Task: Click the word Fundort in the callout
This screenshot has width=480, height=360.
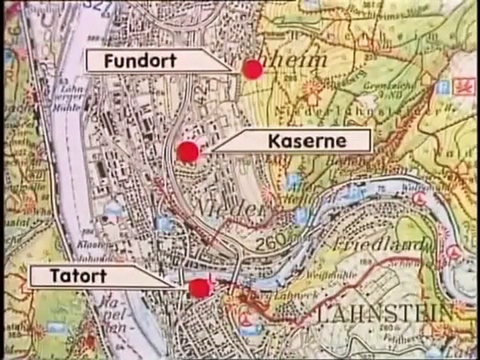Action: [140, 61]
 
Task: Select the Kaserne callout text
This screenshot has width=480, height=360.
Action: [307, 141]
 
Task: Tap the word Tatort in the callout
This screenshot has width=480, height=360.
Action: [78, 276]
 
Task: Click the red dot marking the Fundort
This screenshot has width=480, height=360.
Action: [252, 69]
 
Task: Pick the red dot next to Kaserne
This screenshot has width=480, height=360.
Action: [188, 152]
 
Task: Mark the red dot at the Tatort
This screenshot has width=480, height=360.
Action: [200, 288]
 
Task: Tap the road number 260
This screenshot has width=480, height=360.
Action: [271, 242]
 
